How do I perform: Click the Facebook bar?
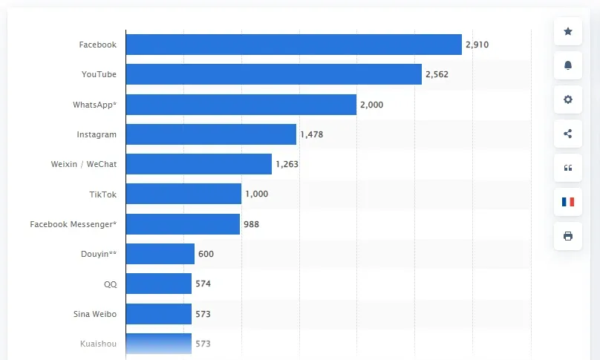[x=293, y=45]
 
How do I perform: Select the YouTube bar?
[x=273, y=74]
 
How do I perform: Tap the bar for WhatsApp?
[x=241, y=105]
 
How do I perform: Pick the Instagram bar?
[x=211, y=134]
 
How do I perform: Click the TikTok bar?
[x=183, y=194]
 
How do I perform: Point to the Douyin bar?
[x=160, y=254]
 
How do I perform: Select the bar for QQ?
[x=158, y=284]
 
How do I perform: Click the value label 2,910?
[x=477, y=45]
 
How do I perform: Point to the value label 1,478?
[x=311, y=134]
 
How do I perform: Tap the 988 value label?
[x=251, y=224]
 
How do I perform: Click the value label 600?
[x=206, y=254]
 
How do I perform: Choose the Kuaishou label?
[x=98, y=344]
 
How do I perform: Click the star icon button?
[x=568, y=31]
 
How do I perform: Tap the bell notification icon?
[x=568, y=65]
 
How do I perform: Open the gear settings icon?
[x=568, y=99]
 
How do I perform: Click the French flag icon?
[x=568, y=202]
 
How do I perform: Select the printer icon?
[x=568, y=236]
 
